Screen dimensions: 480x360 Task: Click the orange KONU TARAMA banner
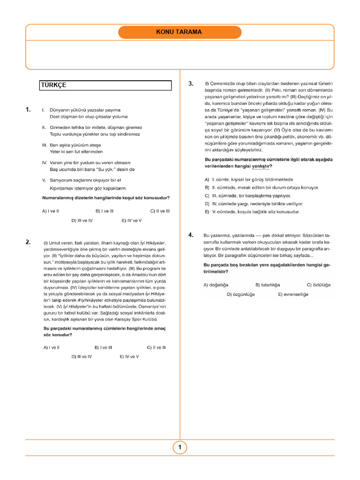pos(180,32)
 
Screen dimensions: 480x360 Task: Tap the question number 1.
pos(28,110)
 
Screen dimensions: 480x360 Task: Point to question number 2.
pos(28,242)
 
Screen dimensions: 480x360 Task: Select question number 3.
pos(191,83)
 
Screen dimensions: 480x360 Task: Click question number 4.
pos(191,234)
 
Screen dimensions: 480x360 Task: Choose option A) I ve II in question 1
pos(51,211)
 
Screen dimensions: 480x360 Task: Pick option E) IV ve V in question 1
pos(131,220)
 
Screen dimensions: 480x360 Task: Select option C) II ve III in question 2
pos(156,347)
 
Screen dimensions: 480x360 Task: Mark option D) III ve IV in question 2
pos(82,356)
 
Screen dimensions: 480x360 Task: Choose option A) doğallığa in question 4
pos(216,285)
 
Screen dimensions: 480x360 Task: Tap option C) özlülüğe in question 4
pos(319,285)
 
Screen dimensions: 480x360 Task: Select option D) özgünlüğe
pos(240,294)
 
